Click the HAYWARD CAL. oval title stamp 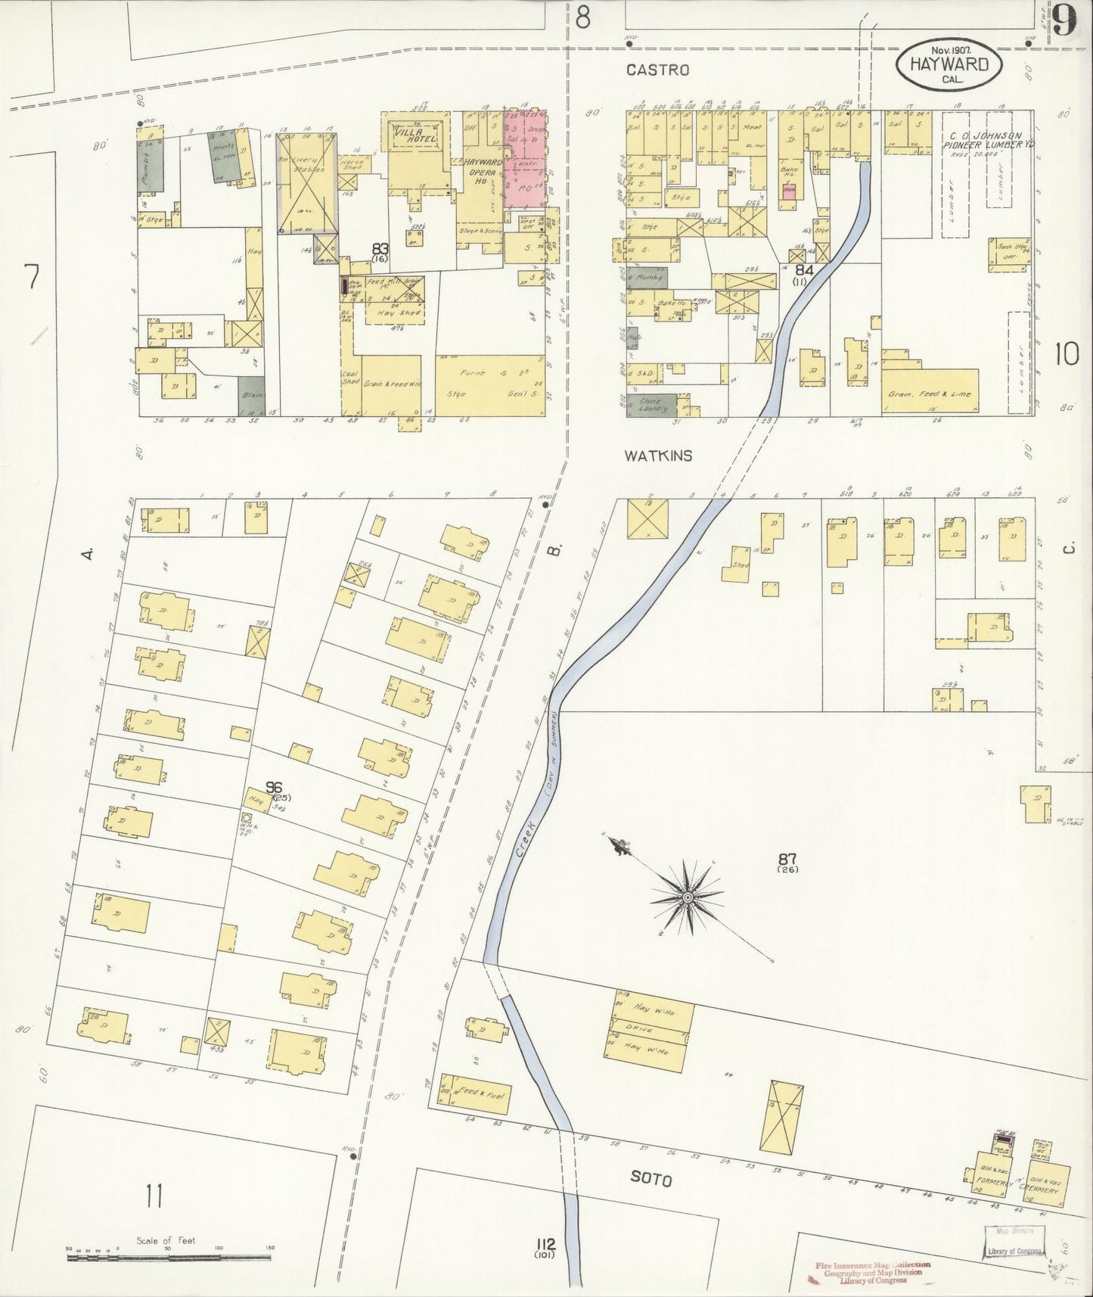tap(949, 66)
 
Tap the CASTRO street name tap(657, 70)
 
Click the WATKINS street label tap(658, 456)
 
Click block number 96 tap(274, 787)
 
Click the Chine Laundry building tap(650, 405)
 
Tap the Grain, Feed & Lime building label tap(929, 394)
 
